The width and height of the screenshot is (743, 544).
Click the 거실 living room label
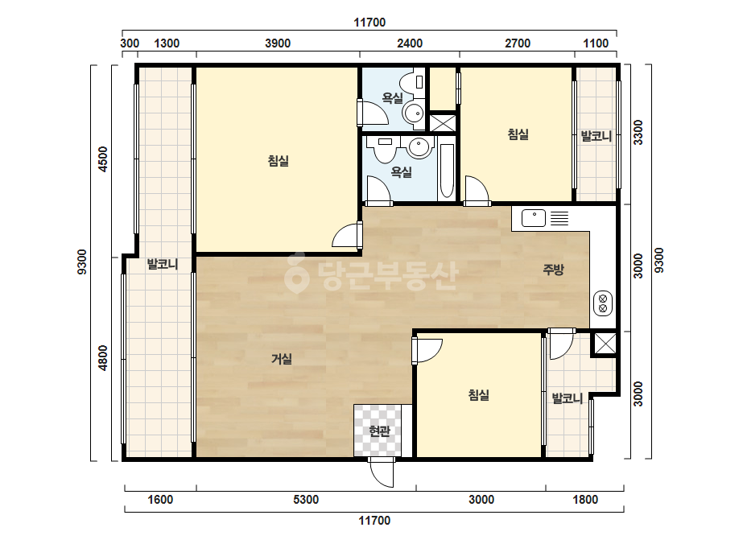click(x=282, y=359)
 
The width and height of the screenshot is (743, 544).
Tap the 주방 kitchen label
click(x=554, y=270)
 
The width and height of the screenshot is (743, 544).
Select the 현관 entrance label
click(x=380, y=431)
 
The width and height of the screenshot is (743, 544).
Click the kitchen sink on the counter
click(x=534, y=218)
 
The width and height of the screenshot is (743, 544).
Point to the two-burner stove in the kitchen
click(x=603, y=303)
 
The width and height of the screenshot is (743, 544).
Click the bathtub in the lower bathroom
click(x=447, y=170)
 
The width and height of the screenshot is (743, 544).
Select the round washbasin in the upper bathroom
click(x=413, y=113)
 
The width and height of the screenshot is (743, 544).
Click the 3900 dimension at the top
click(x=278, y=43)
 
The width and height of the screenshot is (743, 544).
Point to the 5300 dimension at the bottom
click(x=306, y=500)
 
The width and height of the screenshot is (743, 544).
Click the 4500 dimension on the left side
click(x=103, y=159)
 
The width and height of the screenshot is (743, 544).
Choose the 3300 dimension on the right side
click(x=638, y=132)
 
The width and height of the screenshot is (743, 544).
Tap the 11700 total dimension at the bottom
click(x=374, y=521)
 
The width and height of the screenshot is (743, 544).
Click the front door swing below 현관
click(x=382, y=472)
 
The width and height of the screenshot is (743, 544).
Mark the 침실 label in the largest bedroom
click(x=279, y=161)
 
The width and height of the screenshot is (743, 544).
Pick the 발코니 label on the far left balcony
click(x=163, y=264)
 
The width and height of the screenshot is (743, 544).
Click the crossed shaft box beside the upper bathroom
click(x=443, y=123)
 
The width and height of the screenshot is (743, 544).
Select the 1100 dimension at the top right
click(x=596, y=43)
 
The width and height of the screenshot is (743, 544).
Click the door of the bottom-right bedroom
click(x=427, y=350)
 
